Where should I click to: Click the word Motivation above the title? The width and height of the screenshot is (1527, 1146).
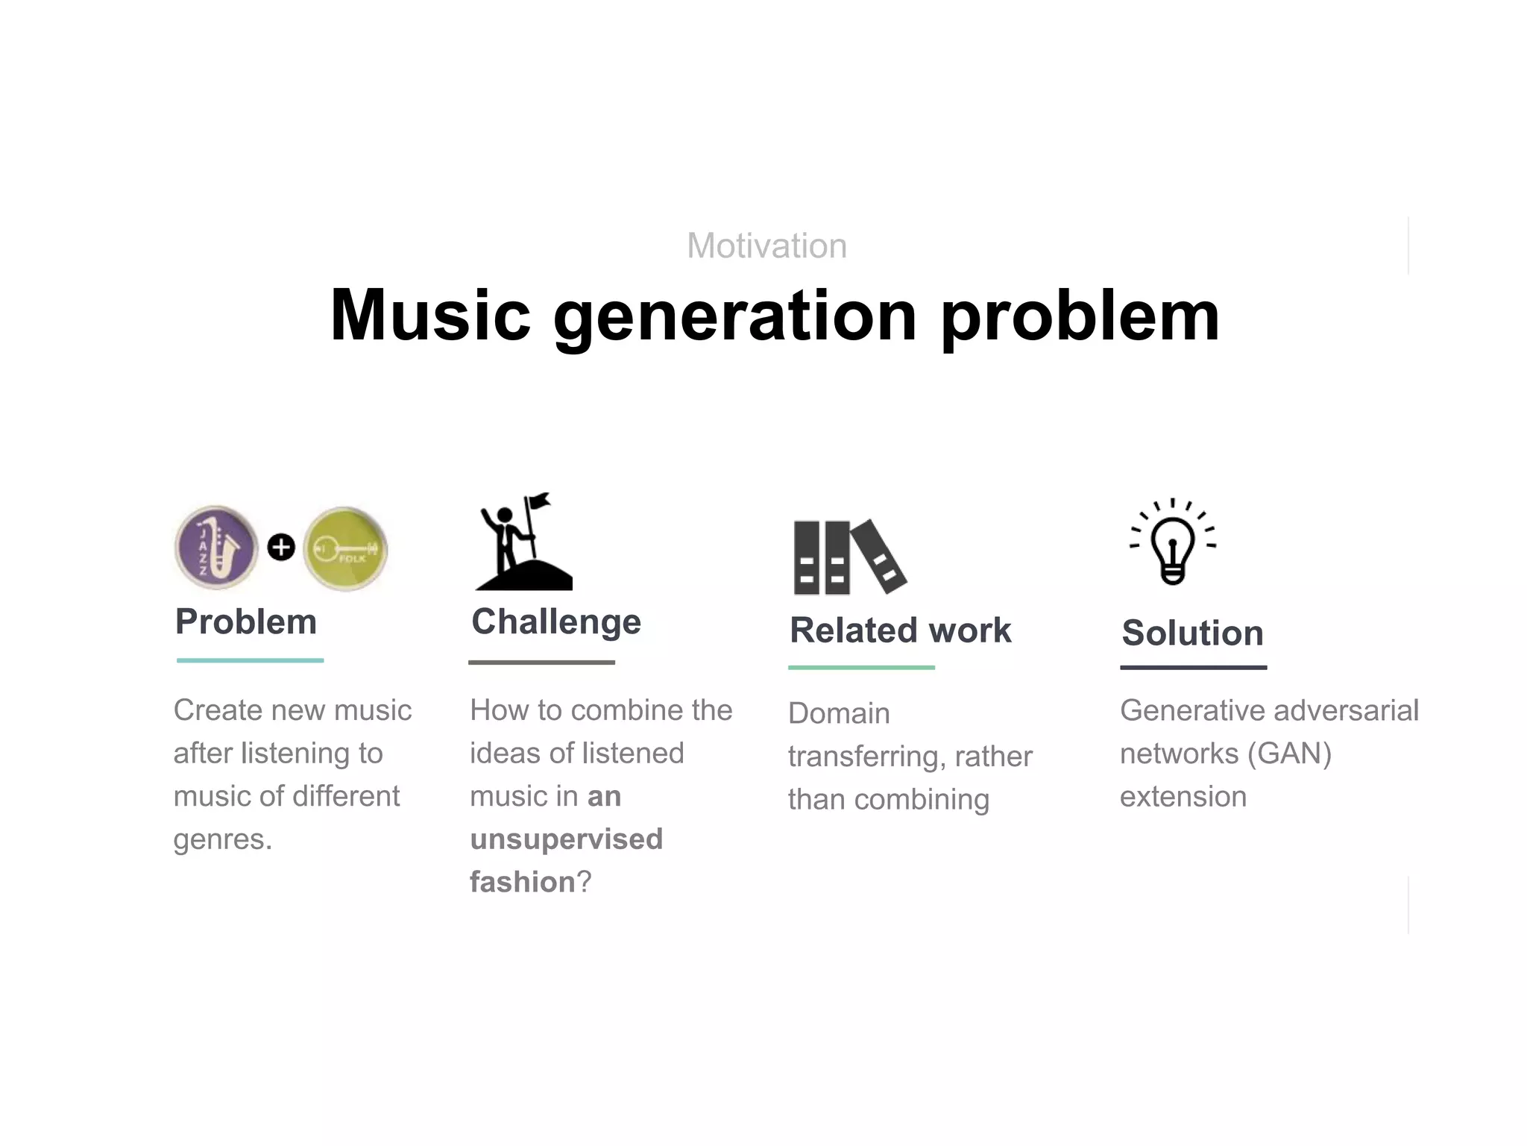(x=766, y=245)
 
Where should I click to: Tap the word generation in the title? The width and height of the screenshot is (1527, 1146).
(x=735, y=317)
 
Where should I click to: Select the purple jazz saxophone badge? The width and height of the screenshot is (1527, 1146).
(x=216, y=548)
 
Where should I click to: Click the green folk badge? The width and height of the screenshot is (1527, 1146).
(x=345, y=549)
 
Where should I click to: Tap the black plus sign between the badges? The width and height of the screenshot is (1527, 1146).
(x=281, y=548)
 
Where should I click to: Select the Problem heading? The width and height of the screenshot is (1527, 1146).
(x=246, y=621)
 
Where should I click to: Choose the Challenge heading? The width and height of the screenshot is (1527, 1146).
(x=556, y=621)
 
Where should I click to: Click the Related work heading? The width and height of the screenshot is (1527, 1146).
(x=900, y=630)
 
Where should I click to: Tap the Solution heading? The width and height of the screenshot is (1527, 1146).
(x=1192, y=633)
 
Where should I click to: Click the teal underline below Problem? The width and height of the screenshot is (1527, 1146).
(x=250, y=660)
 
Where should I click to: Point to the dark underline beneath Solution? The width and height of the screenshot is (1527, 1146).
(x=1193, y=668)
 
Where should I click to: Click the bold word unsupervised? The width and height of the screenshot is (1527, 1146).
(x=566, y=839)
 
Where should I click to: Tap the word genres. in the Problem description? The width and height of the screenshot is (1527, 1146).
(x=222, y=840)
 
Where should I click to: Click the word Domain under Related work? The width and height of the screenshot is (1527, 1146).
(x=839, y=713)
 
